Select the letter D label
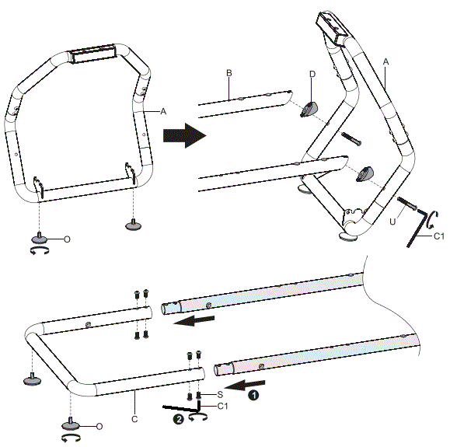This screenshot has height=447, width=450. [312, 75]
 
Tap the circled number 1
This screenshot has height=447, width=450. [253, 394]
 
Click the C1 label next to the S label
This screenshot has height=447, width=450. [222, 406]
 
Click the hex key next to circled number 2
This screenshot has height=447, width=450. [190, 407]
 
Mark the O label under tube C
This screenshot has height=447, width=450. [99, 425]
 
